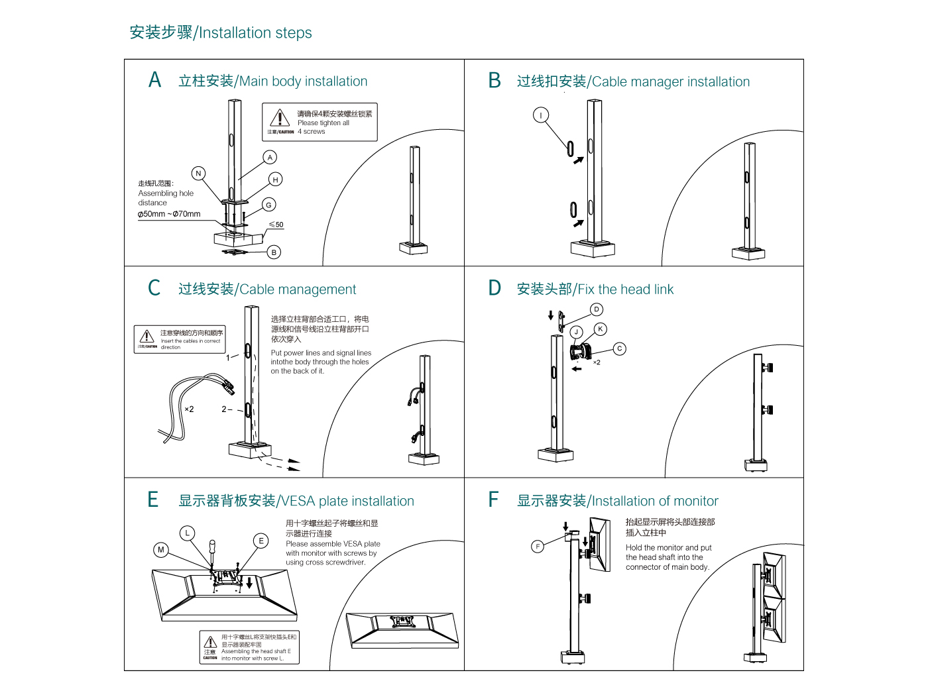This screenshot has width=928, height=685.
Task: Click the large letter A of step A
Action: tap(155, 80)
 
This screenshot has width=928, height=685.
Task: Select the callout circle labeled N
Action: tap(198, 174)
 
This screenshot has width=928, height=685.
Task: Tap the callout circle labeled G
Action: tap(268, 205)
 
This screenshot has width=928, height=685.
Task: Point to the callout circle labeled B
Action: tap(274, 252)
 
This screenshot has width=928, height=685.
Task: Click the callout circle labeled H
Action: tap(276, 180)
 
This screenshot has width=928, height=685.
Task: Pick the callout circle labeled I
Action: tap(541, 115)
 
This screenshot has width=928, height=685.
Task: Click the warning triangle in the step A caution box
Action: tap(280, 119)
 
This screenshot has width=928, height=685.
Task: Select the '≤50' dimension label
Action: tap(276, 225)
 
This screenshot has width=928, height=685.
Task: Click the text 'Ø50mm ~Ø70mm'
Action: tap(169, 214)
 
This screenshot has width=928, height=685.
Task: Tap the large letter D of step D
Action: tap(494, 288)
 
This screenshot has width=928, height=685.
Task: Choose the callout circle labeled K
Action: tap(601, 329)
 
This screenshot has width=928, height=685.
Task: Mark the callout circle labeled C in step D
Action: tap(619, 348)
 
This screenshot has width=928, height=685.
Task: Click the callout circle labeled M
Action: tap(160, 549)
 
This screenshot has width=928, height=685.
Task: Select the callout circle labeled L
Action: tap(188, 533)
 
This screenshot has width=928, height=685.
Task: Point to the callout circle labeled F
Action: tap(538, 546)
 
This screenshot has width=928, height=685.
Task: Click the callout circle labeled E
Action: tap(261, 541)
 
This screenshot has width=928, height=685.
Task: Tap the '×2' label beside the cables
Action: tap(189, 409)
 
